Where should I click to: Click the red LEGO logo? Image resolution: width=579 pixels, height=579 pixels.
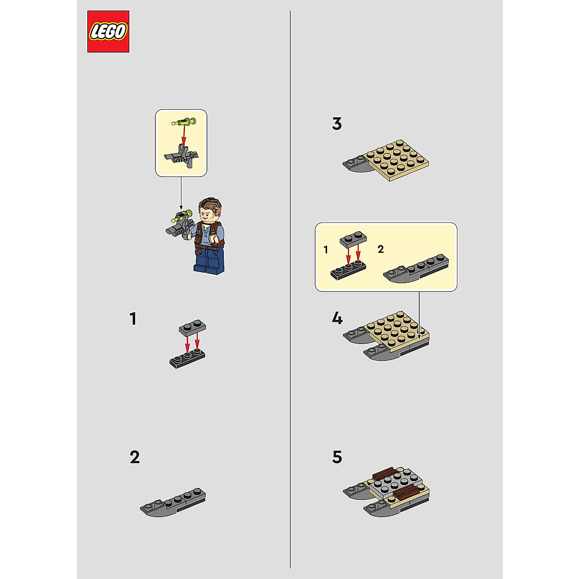click(108, 31)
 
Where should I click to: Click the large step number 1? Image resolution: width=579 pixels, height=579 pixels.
click(133, 319)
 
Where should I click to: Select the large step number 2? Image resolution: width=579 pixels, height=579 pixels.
click(135, 457)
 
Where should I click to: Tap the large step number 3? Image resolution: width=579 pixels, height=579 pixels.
click(337, 124)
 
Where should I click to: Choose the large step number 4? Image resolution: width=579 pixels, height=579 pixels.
click(337, 318)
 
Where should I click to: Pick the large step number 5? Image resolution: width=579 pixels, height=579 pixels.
click(337, 457)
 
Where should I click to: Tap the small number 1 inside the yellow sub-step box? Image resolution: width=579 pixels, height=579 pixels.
click(326, 250)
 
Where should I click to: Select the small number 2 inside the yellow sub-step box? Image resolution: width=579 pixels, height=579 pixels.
click(381, 249)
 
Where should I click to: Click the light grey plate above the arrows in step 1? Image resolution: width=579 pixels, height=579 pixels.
click(193, 328)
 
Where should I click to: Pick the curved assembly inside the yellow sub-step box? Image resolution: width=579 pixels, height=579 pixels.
click(416, 271)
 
